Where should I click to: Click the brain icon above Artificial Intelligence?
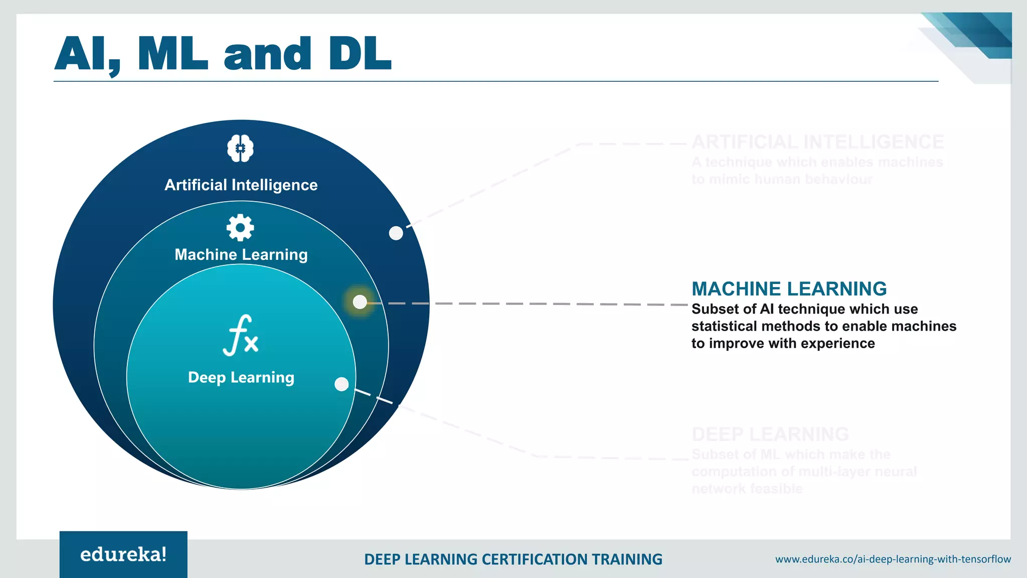tap(240, 149)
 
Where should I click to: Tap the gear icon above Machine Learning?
tap(240, 228)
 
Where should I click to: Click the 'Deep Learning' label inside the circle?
tap(241, 377)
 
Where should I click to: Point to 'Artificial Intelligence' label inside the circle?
tap(241, 185)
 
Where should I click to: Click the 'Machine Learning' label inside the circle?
tap(241, 255)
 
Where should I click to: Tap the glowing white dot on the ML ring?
tap(360, 302)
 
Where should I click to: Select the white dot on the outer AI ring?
tap(396, 233)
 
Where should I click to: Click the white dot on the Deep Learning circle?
tap(341, 384)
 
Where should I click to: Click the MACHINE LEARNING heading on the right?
tap(789, 289)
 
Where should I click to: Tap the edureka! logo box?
tap(123, 554)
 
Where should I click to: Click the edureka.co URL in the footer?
tap(893, 559)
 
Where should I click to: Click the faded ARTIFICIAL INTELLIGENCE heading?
tap(817, 142)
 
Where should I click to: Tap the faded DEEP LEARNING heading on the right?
tap(770, 434)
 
